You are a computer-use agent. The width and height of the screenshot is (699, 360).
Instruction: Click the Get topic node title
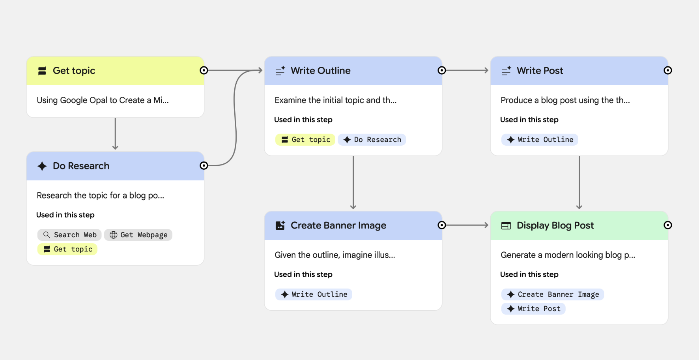pyautogui.click(x=74, y=71)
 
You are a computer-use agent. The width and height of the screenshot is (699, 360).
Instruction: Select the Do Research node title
pyautogui.click(x=81, y=166)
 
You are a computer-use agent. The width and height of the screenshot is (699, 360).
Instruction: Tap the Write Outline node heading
pyautogui.click(x=320, y=71)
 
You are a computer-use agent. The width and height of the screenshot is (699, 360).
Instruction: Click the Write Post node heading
pyautogui.click(x=540, y=71)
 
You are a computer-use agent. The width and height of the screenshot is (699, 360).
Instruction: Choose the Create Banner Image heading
pyautogui.click(x=338, y=225)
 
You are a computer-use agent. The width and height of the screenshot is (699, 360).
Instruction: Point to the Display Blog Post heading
pyautogui.click(x=555, y=225)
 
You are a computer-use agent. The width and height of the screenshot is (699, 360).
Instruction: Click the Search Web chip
pyautogui.click(x=70, y=235)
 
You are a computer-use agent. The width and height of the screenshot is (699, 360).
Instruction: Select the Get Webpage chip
pyautogui.click(x=138, y=235)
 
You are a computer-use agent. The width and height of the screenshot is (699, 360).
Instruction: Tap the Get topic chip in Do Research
pyautogui.click(x=67, y=249)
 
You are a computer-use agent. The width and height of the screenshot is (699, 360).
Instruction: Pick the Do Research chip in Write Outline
pyautogui.click(x=372, y=140)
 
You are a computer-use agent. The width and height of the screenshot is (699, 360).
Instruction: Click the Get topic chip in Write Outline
pyautogui.click(x=305, y=140)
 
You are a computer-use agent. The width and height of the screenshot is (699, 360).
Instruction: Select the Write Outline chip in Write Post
pyautogui.click(x=540, y=140)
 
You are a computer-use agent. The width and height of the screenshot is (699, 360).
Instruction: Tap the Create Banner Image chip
pyautogui.click(x=553, y=294)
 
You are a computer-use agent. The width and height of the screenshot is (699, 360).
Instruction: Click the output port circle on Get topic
pyautogui.click(x=204, y=70)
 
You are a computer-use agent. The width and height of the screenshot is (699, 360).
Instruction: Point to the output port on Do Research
pyautogui.click(x=204, y=166)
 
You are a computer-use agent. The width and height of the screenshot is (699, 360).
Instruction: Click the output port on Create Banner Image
pyautogui.click(x=442, y=225)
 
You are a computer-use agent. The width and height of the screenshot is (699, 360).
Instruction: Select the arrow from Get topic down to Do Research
pyautogui.click(x=115, y=134)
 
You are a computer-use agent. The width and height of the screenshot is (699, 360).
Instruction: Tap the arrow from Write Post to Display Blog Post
pyautogui.click(x=579, y=182)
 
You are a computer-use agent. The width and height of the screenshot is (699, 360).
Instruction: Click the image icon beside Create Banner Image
pyautogui.click(x=280, y=225)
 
